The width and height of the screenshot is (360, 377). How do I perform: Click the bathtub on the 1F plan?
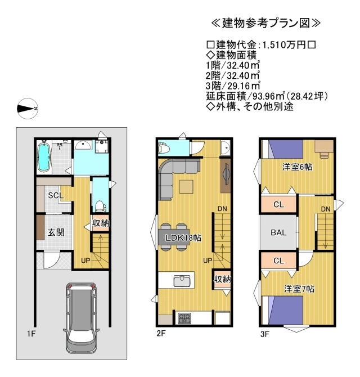44,156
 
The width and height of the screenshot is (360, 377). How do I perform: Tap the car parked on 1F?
81,318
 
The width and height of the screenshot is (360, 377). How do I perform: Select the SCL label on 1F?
56,195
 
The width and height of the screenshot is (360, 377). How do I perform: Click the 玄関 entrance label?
56,232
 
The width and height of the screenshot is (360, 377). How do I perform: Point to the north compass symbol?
28,109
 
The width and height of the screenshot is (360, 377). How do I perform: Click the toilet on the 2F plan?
164,148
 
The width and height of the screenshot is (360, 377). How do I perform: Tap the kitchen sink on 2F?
182,281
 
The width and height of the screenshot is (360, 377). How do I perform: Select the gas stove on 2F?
184,318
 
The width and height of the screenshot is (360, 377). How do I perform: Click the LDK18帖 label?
183,238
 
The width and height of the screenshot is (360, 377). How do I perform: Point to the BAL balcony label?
278,232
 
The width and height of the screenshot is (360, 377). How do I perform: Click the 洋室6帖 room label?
297,167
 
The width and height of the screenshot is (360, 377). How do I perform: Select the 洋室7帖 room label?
299,289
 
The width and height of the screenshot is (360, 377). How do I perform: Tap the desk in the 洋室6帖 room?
324,147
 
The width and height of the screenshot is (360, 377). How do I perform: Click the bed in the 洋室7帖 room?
282,310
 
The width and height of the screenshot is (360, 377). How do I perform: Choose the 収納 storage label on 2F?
223,279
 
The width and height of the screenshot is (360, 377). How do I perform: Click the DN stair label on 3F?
326,209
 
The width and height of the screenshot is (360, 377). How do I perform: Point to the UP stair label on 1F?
85,261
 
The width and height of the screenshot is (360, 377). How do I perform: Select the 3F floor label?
264,334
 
